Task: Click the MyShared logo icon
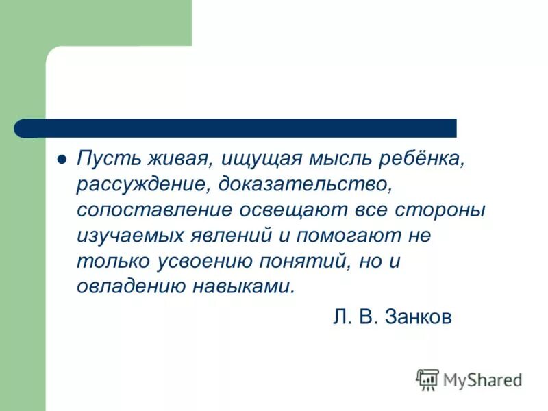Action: [x=427, y=379]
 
